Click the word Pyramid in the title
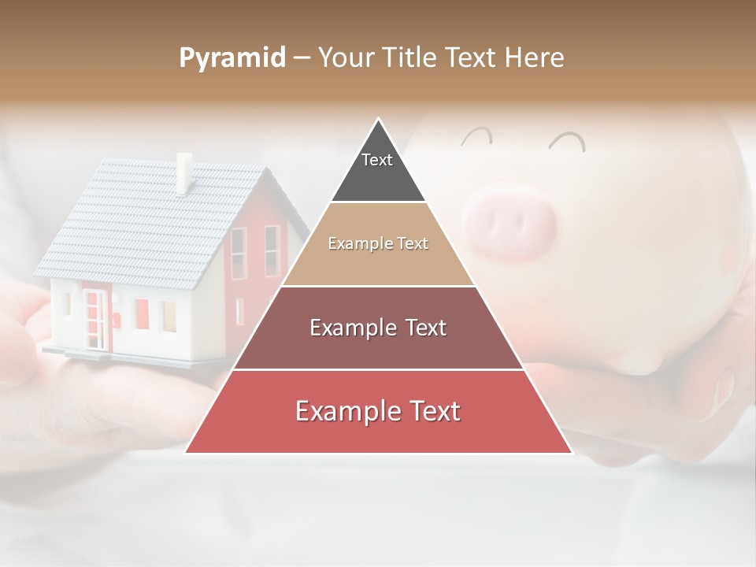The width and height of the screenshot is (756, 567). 232,58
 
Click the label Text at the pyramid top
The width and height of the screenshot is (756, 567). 377,161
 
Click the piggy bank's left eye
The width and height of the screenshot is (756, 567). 476,138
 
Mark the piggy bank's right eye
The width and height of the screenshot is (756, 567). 568,142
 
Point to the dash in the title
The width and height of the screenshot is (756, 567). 301,58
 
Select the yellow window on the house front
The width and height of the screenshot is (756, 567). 169,316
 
